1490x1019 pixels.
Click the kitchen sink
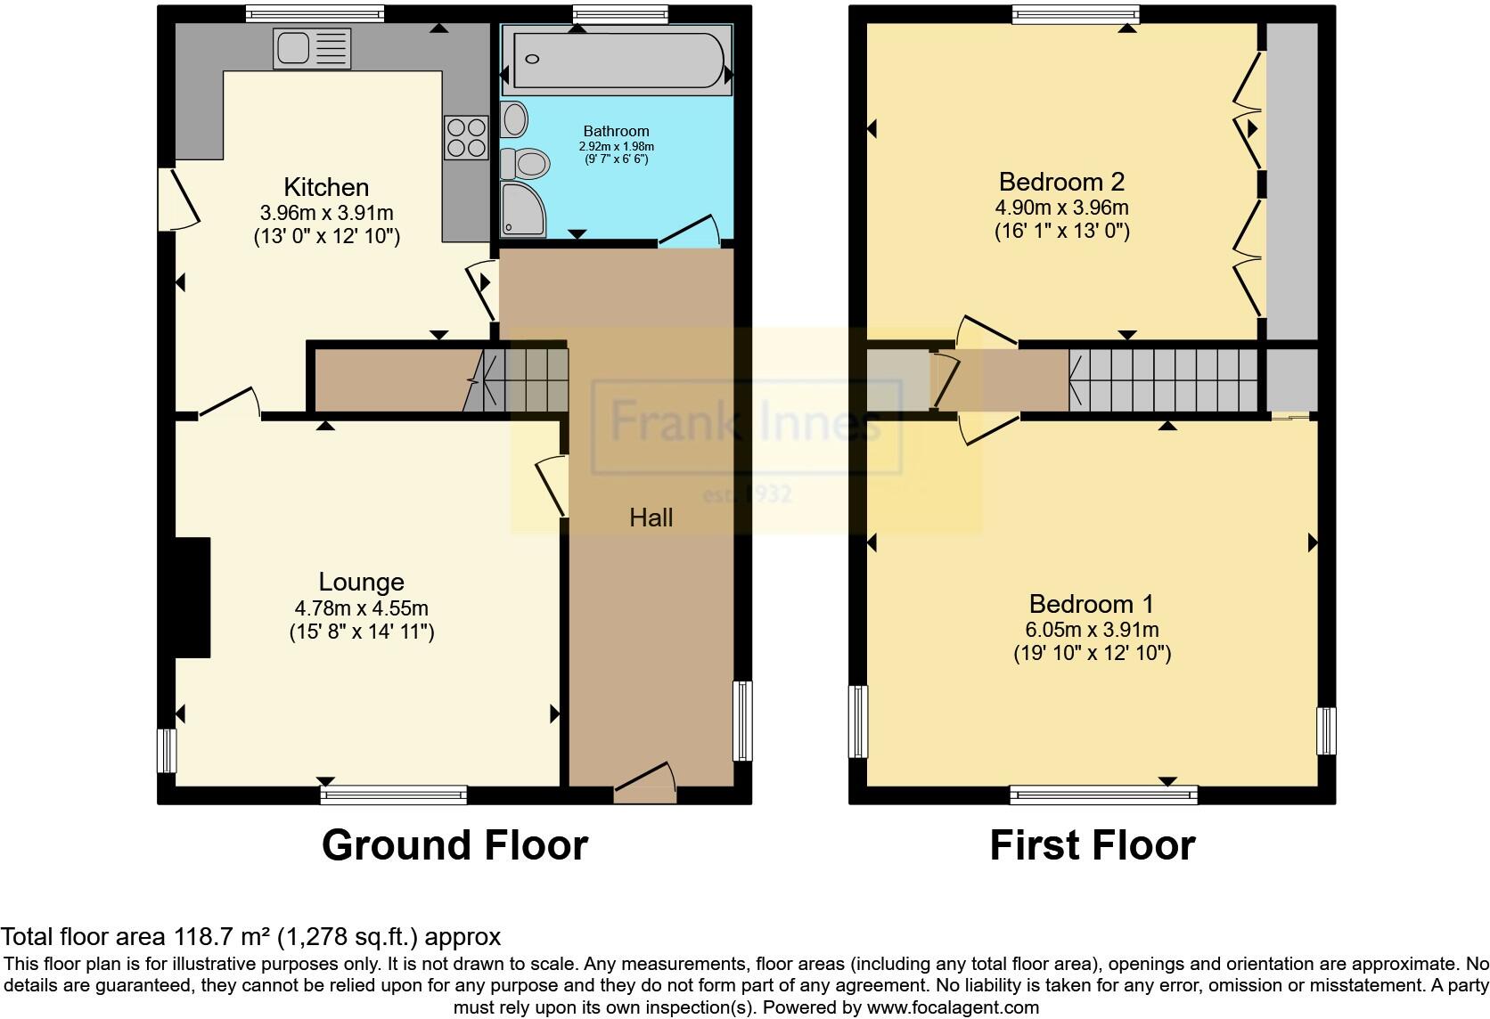pyautogui.click(x=313, y=48)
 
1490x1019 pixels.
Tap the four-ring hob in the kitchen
pyautogui.click(x=465, y=137)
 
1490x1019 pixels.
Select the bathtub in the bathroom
pyautogui.click(x=618, y=60)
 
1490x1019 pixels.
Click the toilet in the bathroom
pyautogui.click(x=525, y=164)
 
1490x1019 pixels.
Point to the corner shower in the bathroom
pyautogui.click(x=520, y=209)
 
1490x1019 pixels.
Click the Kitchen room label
pyautogui.click(x=326, y=187)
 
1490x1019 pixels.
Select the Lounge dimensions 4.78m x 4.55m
pyautogui.click(x=361, y=608)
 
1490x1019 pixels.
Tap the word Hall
pyautogui.click(x=651, y=518)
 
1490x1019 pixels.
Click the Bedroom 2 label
pyautogui.click(x=1061, y=182)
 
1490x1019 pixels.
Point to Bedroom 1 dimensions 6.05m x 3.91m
pyautogui.click(x=1092, y=630)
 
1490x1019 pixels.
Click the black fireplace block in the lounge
pyautogui.click(x=192, y=597)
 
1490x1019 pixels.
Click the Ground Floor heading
pyautogui.click(x=454, y=844)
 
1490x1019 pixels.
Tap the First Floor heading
pyautogui.click(x=1092, y=844)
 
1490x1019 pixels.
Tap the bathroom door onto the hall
pyautogui.click(x=688, y=230)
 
